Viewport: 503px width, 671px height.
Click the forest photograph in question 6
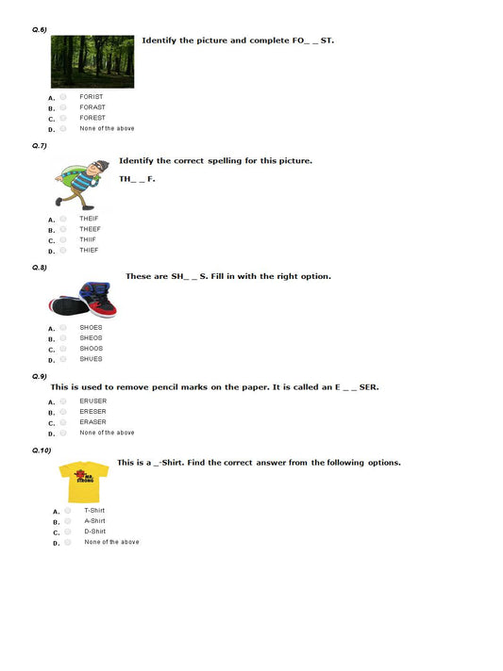pyautogui.click(x=92, y=61)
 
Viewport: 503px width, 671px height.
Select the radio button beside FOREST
pyautogui.click(x=63, y=118)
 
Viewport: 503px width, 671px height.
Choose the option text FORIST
pyautogui.click(x=92, y=97)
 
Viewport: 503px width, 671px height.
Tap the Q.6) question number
pyautogui.click(x=40, y=30)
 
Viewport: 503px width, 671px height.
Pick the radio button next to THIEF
pyautogui.click(x=63, y=250)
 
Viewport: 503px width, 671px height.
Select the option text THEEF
pyautogui.click(x=90, y=229)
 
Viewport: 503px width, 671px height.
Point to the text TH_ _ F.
pyautogui.click(x=137, y=178)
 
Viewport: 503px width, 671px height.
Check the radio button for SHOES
pyautogui.click(x=63, y=328)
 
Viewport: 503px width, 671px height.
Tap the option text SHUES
pyautogui.click(x=91, y=359)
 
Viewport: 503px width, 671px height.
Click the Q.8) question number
pyautogui.click(x=40, y=269)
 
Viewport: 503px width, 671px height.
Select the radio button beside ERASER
pyautogui.click(x=63, y=422)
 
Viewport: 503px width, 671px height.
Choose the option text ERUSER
pyautogui.click(x=92, y=401)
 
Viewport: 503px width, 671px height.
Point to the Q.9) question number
pyautogui.click(x=40, y=376)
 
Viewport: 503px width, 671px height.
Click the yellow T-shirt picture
pyautogui.click(x=83, y=481)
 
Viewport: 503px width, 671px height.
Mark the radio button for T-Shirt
pyautogui.click(x=68, y=511)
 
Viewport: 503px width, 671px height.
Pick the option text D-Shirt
pyautogui.click(x=94, y=532)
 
